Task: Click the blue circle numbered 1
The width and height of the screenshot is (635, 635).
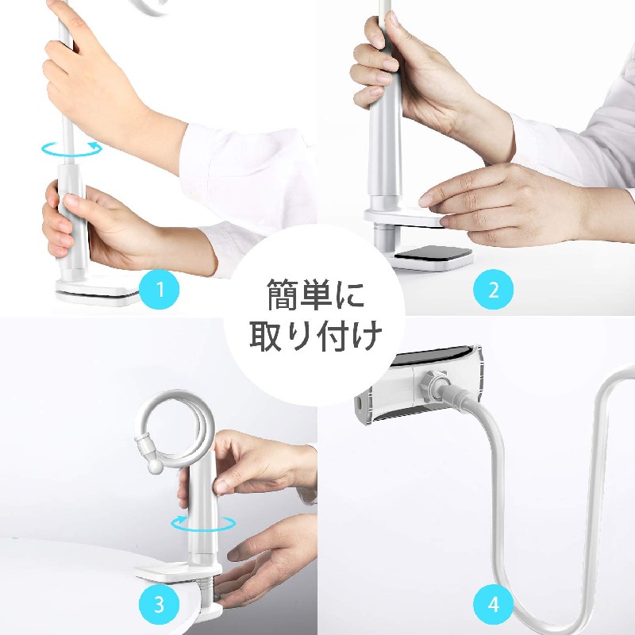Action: pyautogui.click(x=160, y=289)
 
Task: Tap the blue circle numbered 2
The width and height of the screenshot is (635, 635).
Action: pyautogui.click(x=493, y=289)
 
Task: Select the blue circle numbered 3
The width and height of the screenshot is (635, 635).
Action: pyautogui.click(x=160, y=605)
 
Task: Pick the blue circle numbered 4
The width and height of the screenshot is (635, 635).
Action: pyautogui.click(x=493, y=605)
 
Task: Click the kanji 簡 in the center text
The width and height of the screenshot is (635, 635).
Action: pyautogui.click(x=283, y=294)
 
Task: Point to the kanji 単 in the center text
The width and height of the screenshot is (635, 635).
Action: pyautogui.click(x=317, y=294)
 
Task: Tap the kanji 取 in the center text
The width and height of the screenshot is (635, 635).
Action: pyautogui.click(x=266, y=336)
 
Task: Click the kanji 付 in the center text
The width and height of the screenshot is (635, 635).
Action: pyautogui.click(x=333, y=336)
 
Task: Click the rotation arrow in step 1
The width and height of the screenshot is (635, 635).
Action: pyautogui.click(x=71, y=148)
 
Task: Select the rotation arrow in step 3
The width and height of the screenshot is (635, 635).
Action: pyautogui.click(x=203, y=523)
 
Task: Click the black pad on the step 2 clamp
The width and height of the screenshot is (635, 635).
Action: pyautogui.click(x=433, y=252)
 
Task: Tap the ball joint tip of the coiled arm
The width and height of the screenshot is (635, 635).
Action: pyautogui.click(x=155, y=467)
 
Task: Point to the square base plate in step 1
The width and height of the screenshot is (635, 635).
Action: pyautogui.click(x=97, y=291)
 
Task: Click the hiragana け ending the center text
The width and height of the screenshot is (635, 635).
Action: pyautogui.click(x=367, y=336)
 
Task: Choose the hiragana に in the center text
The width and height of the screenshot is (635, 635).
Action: pyautogui.click(x=351, y=294)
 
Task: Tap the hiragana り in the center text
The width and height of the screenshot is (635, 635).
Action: pyautogui.click(x=300, y=336)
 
